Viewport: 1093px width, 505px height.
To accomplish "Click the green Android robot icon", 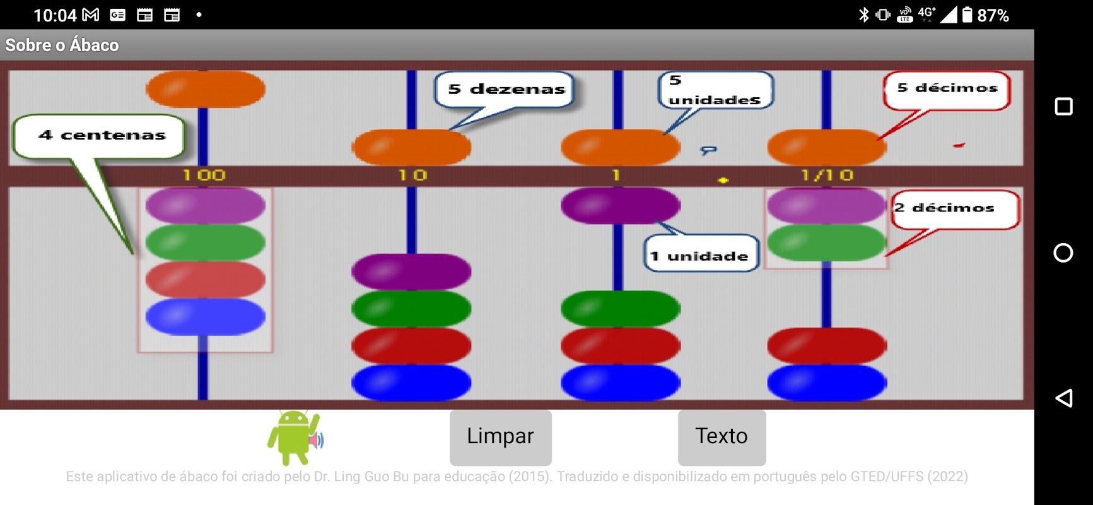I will [295, 437].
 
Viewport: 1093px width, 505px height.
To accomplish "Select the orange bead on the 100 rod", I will [205, 88].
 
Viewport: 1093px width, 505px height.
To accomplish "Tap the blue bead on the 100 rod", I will [205, 316].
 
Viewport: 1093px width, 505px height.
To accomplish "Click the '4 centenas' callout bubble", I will [100, 136].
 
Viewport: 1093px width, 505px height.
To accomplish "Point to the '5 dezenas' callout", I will [506, 90].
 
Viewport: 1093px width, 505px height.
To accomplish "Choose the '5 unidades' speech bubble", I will [715, 90].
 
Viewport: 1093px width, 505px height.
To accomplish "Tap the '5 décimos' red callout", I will [947, 89].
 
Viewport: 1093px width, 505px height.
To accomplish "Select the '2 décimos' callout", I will [954, 209].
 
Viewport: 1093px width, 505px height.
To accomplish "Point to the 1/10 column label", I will [827, 175].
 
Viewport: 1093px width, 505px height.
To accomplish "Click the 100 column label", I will [204, 175].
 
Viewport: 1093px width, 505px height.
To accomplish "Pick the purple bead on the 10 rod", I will [411, 271].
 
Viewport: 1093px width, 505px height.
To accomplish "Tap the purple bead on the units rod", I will [620, 206].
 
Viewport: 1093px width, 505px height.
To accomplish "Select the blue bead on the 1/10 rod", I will [827, 382].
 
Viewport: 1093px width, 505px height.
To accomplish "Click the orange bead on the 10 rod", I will [411, 147].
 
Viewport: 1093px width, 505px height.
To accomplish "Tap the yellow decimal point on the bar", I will [723, 181].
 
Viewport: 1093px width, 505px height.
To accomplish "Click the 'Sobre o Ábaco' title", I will [62, 45].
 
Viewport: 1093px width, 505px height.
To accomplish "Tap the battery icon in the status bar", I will [967, 15].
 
